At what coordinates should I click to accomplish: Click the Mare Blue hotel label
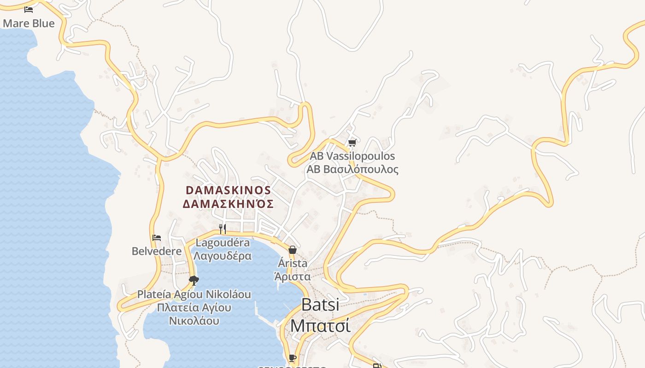29,23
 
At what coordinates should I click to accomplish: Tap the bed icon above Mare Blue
29,9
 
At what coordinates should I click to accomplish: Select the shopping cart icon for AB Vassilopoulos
352,143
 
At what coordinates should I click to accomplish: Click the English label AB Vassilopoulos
352,156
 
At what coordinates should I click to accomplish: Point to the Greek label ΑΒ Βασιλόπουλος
352,169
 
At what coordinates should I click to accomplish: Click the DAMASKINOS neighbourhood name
228,190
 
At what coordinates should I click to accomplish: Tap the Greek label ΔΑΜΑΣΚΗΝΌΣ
228,204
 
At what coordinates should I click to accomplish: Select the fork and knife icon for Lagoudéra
223,229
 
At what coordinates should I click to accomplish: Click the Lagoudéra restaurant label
223,242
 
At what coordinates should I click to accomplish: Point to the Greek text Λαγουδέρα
223,256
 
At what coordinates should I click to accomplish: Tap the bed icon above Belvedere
157,238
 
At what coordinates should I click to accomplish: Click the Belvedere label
157,251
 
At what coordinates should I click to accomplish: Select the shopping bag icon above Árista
292,250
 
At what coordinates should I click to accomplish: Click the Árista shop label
293,264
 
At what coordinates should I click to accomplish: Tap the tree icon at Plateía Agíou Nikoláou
194,280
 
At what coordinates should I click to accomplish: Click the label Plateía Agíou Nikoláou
194,294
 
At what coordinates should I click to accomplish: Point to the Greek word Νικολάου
194,321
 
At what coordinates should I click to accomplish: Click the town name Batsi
320,305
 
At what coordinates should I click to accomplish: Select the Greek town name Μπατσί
320,325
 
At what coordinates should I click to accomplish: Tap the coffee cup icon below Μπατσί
292,357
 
